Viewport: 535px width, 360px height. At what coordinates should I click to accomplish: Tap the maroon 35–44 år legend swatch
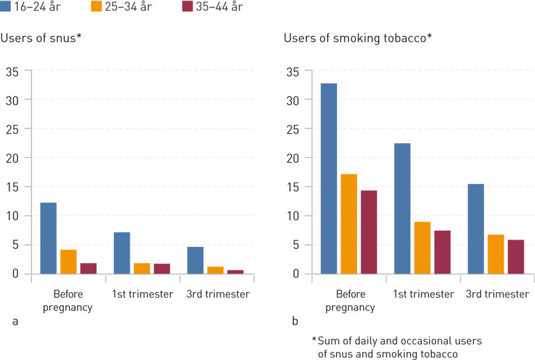coord(188,7)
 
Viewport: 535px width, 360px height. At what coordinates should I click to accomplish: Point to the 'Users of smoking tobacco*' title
coord(358,37)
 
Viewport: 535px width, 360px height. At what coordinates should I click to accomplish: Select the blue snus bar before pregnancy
coord(48,238)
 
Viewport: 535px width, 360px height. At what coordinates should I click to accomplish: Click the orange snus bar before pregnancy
coord(68,262)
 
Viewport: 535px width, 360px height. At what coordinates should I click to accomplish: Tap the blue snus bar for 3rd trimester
coord(195,260)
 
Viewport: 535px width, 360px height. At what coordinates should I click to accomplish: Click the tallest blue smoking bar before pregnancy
coord(329,179)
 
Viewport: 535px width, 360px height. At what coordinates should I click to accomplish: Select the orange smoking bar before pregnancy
coord(349,223)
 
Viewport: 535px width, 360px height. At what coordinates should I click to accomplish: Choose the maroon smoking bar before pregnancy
coord(369,232)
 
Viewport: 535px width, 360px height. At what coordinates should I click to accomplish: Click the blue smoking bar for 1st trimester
coord(403,208)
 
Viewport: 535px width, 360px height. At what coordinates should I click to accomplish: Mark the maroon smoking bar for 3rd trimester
coord(516,256)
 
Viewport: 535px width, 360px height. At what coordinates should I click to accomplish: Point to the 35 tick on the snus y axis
coord(13,70)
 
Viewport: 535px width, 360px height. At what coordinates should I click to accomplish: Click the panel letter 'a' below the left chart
coord(15,321)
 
